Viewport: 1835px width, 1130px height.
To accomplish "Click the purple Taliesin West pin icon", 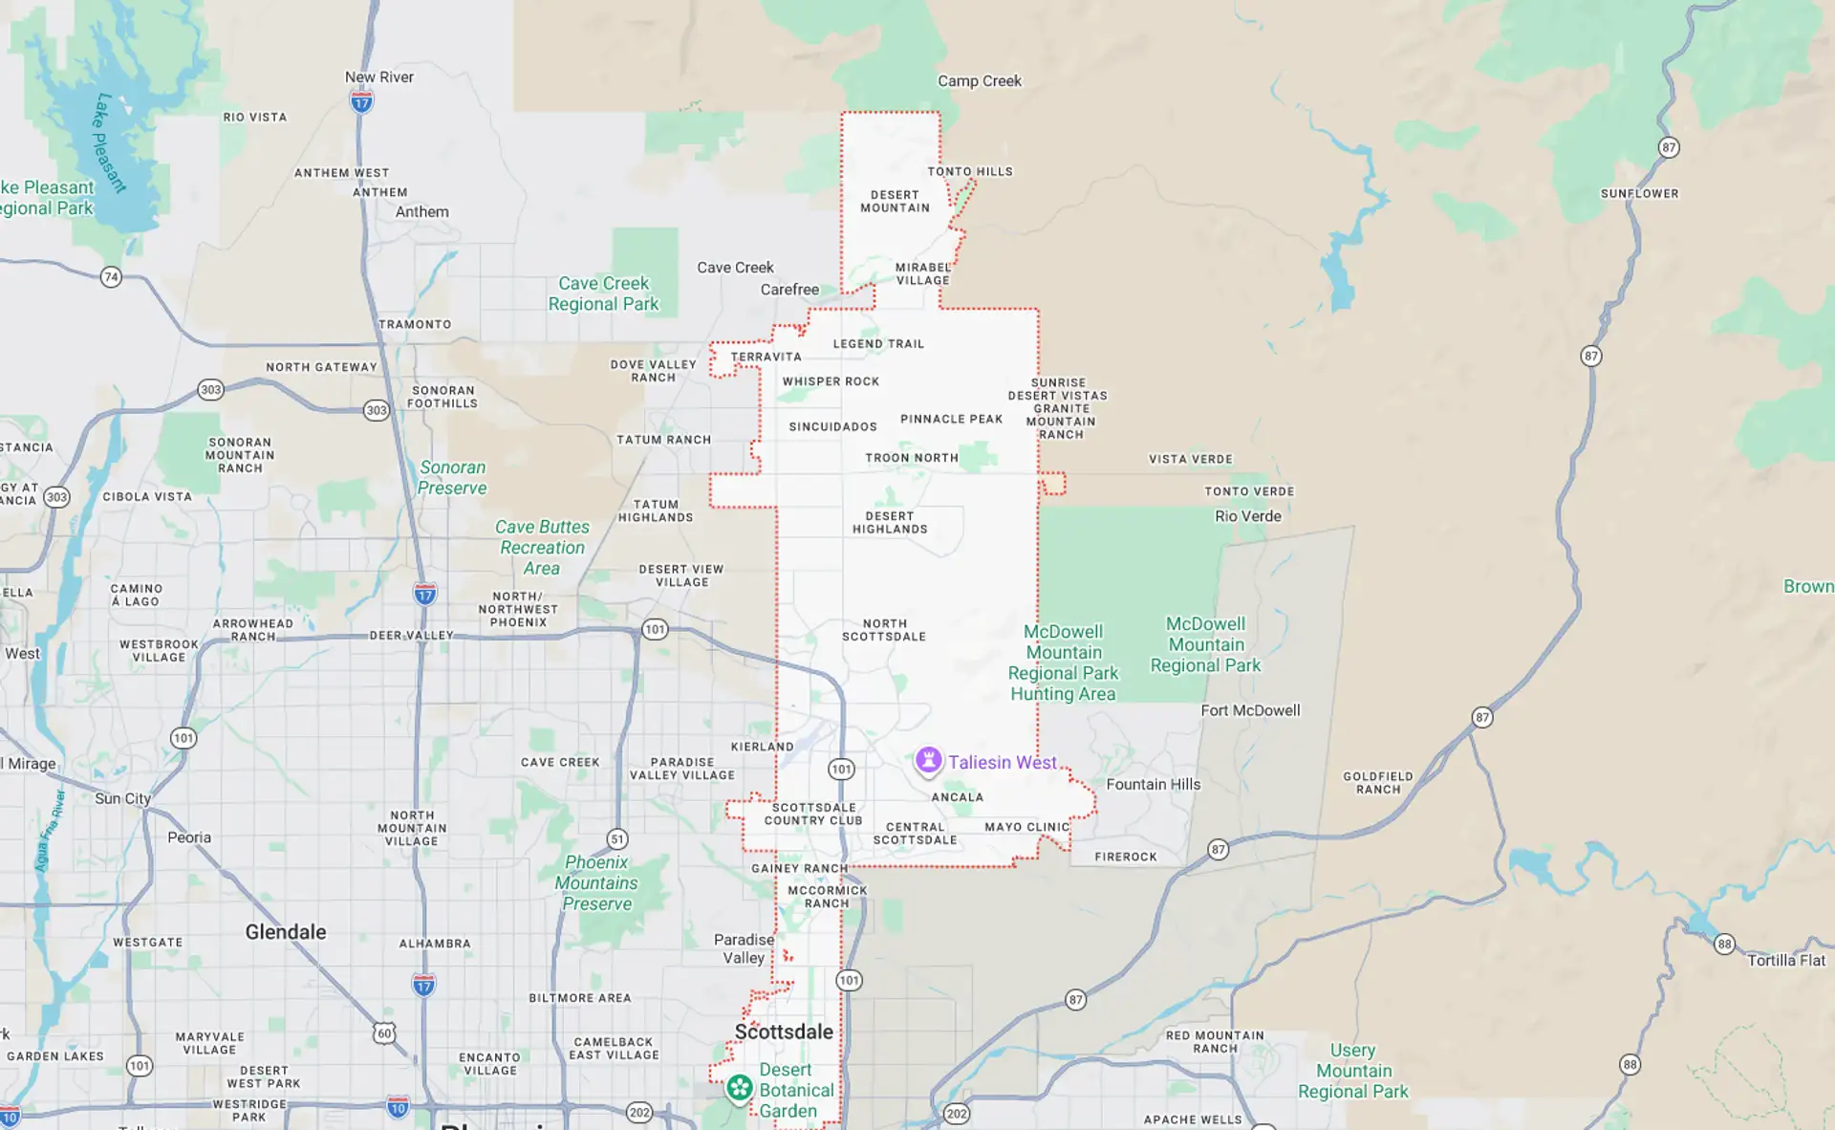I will pyautogui.click(x=927, y=761).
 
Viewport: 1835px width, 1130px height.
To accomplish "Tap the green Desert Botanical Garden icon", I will pyautogui.click(x=739, y=1088).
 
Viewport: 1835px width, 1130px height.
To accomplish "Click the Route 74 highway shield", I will pyautogui.click(x=111, y=277).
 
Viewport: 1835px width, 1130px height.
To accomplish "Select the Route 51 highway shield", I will pyautogui.click(x=617, y=839).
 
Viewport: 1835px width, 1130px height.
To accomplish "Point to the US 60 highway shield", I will pyautogui.click(x=383, y=1032).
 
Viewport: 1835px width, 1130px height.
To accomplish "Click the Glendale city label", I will pyautogui.click(x=286, y=932).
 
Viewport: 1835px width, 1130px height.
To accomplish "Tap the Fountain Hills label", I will pyautogui.click(x=1153, y=785).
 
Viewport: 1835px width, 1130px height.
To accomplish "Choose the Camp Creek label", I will pyautogui.click(x=980, y=81).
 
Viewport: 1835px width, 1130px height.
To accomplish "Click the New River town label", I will pyautogui.click(x=379, y=77).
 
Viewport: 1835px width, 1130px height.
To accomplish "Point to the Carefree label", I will pyautogui.click(x=789, y=290).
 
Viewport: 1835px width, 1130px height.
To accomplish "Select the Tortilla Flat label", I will pyautogui.click(x=1785, y=961).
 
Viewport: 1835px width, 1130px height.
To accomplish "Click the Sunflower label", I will pyautogui.click(x=1639, y=193).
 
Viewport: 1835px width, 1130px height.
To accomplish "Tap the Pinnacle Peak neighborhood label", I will pyautogui.click(x=951, y=419).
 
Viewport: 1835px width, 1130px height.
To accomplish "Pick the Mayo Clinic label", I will pyautogui.click(x=1026, y=827).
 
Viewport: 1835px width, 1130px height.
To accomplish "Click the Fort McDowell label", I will pyautogui.click(x=1250, y=710).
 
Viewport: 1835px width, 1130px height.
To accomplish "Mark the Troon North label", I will pyautogui.click(x=911, y=458).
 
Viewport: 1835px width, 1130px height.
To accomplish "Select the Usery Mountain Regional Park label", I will pyautogui.click(x=1352, y=1071).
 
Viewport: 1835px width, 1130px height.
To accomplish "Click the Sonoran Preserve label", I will pyautogui.click(x=452, y=478).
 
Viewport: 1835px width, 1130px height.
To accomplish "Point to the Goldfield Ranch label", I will pyautogui.click(x=1377, y=783).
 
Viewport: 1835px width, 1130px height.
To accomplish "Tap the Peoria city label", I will pyautogui.click(x=189, y=837).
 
